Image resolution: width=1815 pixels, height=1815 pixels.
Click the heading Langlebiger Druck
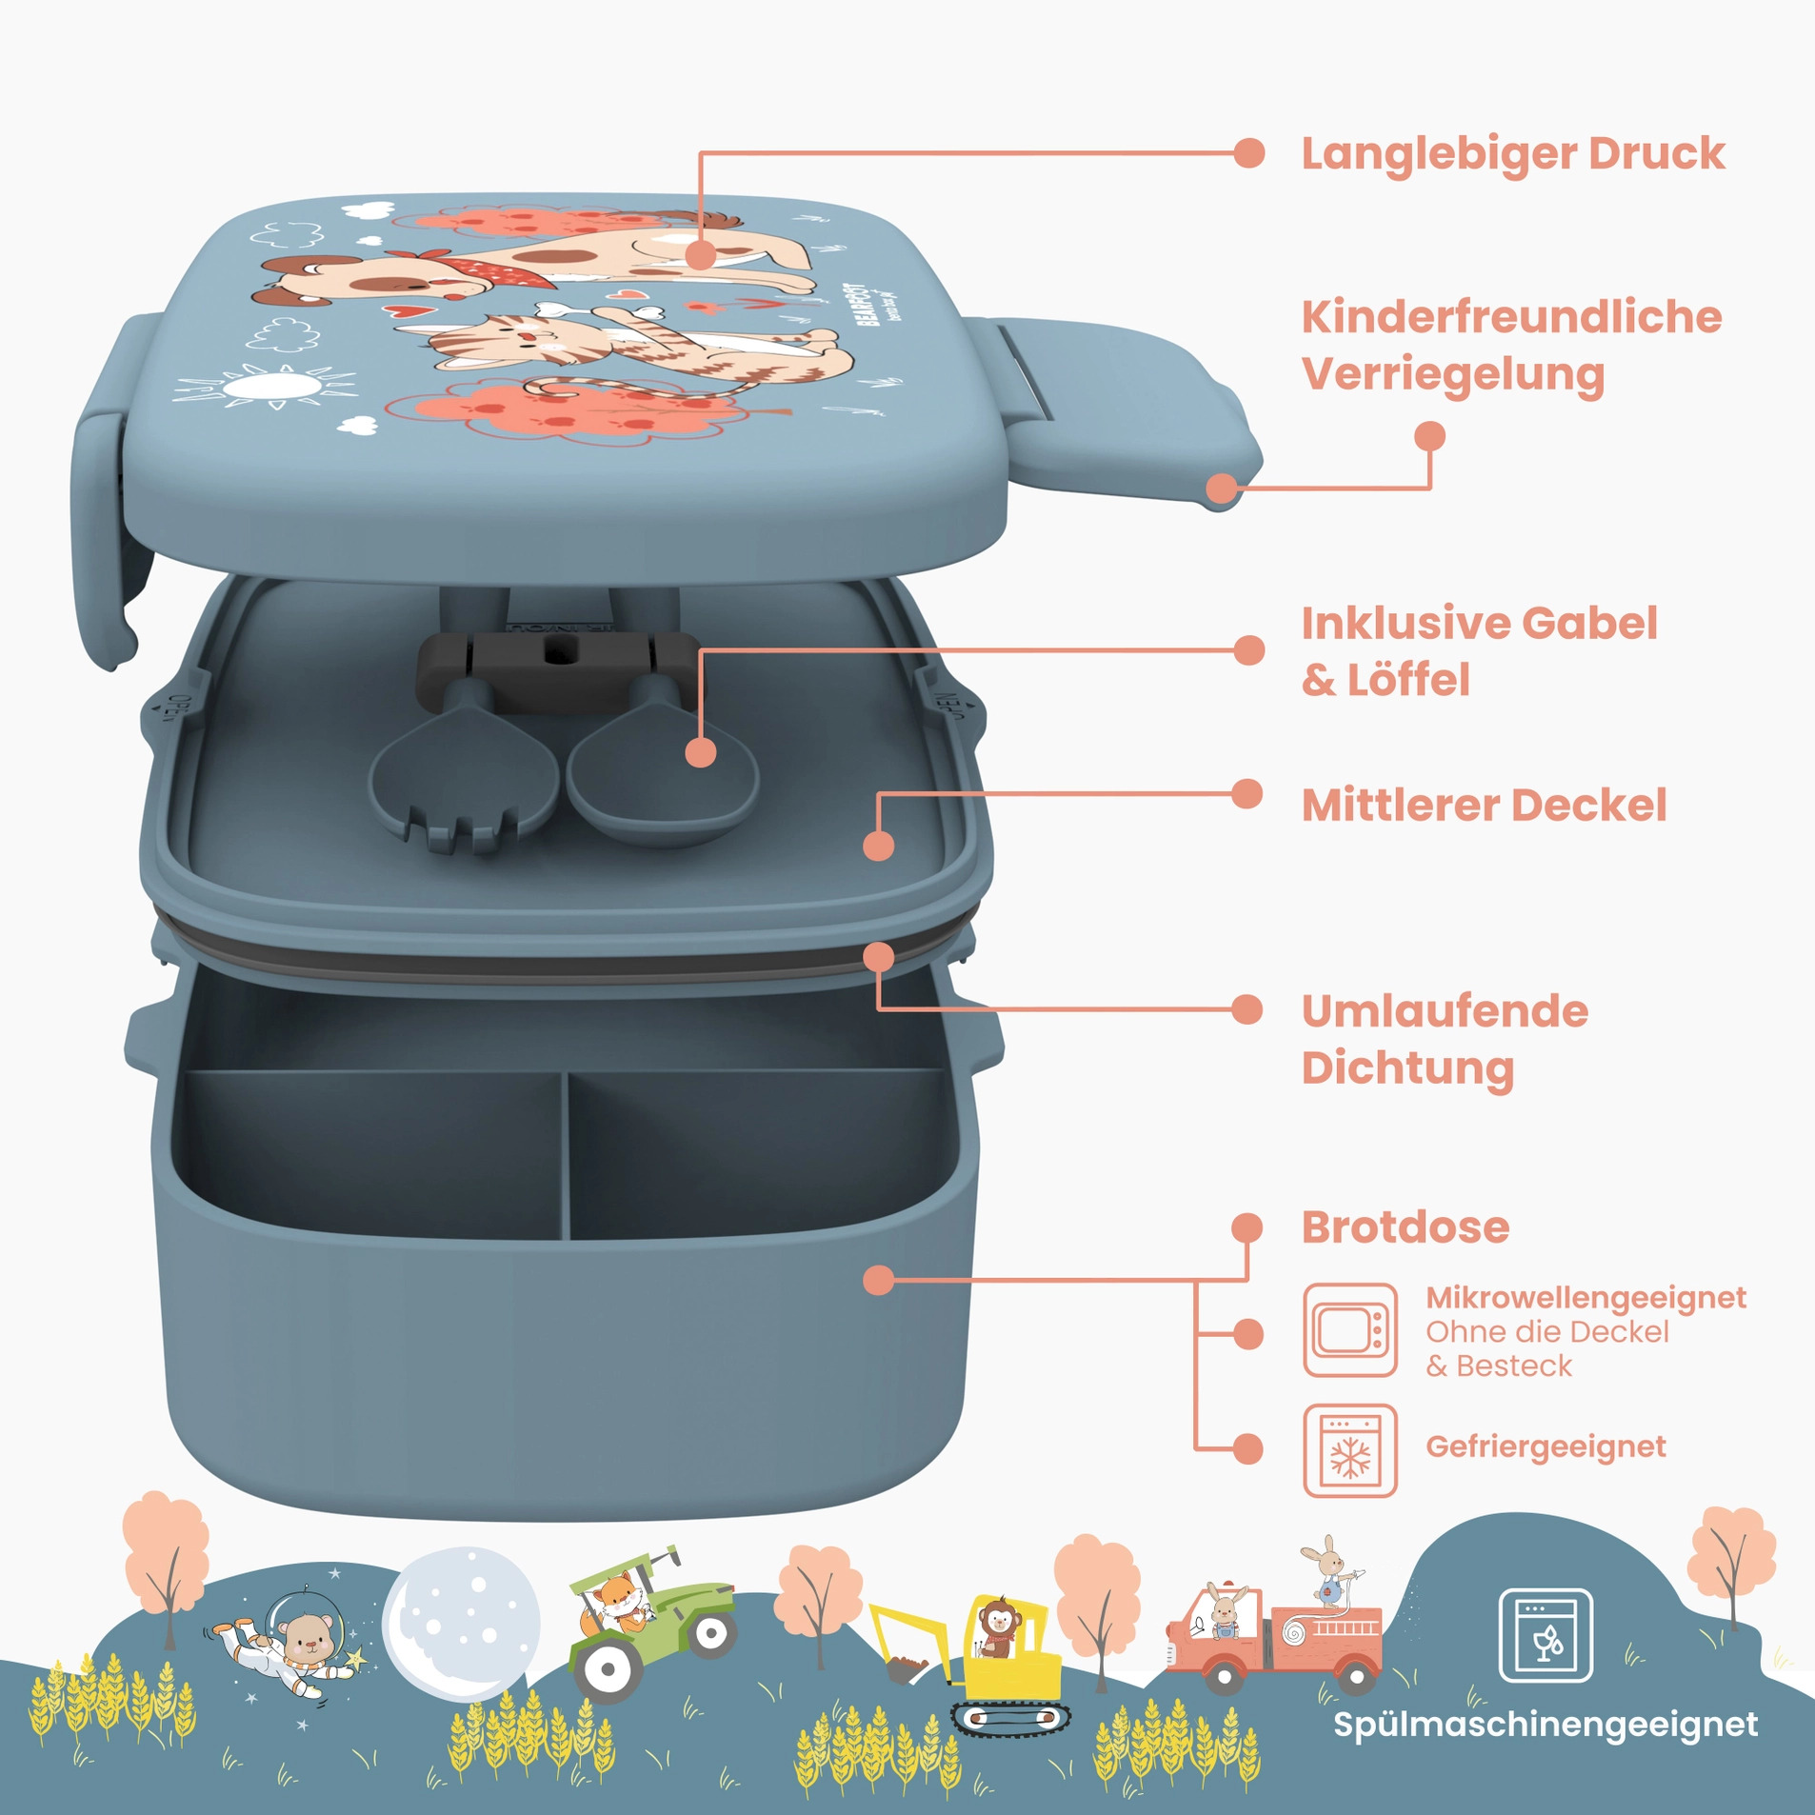click(x=1512, y=154)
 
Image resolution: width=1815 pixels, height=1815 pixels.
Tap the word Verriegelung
click(x=1453, y=374)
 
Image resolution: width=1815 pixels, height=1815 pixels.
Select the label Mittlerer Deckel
click(x=1484, y=806)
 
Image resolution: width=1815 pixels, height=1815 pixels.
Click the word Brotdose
click(x=1405, y=1227)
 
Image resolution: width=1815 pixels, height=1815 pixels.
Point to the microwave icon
click(x=1349, y=1329)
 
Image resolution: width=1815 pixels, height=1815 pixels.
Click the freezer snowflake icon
click(x=1349, y=1450)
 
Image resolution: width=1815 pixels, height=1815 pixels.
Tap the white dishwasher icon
click(x=1545, y=1636)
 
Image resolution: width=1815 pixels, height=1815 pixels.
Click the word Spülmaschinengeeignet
click(x=1545, y=1725)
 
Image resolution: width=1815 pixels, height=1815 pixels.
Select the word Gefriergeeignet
click(x=1545, y=1446)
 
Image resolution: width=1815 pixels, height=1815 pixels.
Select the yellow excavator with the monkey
click(x=990, y=1657)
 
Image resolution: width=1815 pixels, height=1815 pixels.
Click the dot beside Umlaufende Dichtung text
click(x=1247, y=1009)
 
